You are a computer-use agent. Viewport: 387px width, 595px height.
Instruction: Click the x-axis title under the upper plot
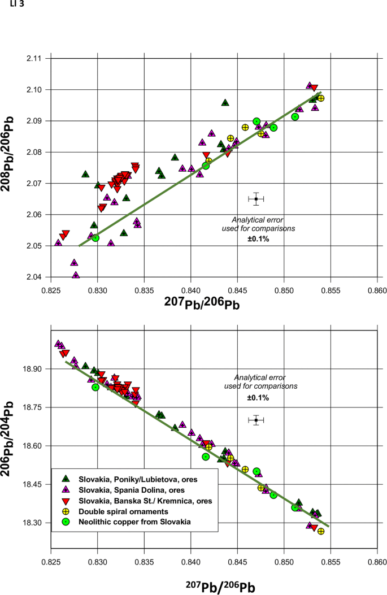(202, 304)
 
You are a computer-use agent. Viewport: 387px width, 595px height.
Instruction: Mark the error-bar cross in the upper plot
(256, 199)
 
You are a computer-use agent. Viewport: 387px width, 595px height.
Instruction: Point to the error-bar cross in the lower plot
(256, 420)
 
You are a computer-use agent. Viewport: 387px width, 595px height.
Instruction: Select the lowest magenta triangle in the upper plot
(76, 275)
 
